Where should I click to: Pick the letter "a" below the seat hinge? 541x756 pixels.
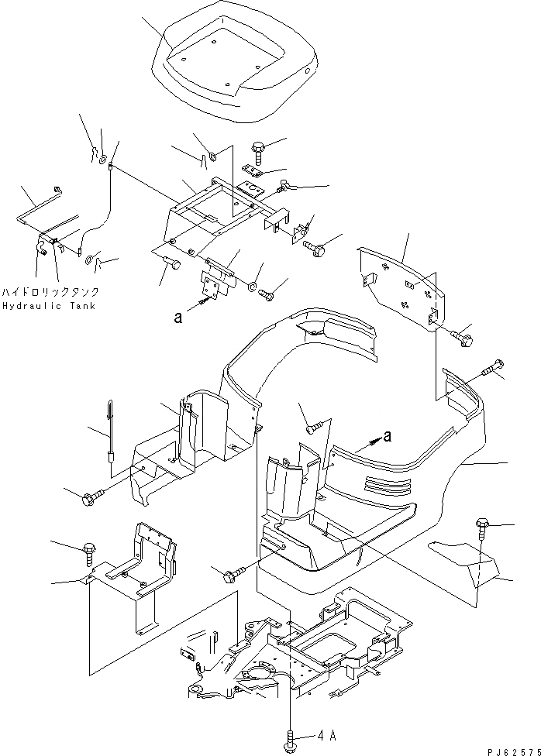point(179,317)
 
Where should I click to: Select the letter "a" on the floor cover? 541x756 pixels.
point(387,437)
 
